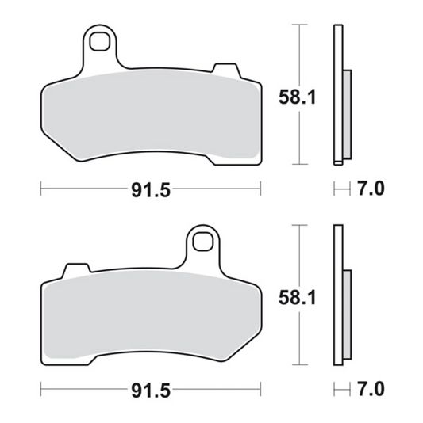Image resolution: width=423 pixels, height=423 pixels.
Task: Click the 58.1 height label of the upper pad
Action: (x=297, y=97)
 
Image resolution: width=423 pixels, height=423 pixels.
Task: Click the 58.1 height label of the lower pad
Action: (x=297, y=298)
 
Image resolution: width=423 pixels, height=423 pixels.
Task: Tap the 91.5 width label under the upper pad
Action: (x=151, y=190)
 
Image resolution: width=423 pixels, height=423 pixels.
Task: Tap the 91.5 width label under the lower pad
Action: (x=151, y=391)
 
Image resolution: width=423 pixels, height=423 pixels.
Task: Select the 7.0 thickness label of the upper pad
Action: (x=371, y=189)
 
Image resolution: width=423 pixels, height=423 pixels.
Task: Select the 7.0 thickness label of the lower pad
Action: (x=371, y=389)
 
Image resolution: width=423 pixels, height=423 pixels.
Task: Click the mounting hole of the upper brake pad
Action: (x=99, y=41)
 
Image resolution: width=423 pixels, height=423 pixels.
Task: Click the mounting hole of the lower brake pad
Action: (x=202, y=242)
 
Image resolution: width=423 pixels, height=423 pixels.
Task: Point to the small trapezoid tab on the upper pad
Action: (x=226, y=70)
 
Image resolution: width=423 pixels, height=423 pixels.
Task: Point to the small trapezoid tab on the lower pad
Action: (x=77, y=269)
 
